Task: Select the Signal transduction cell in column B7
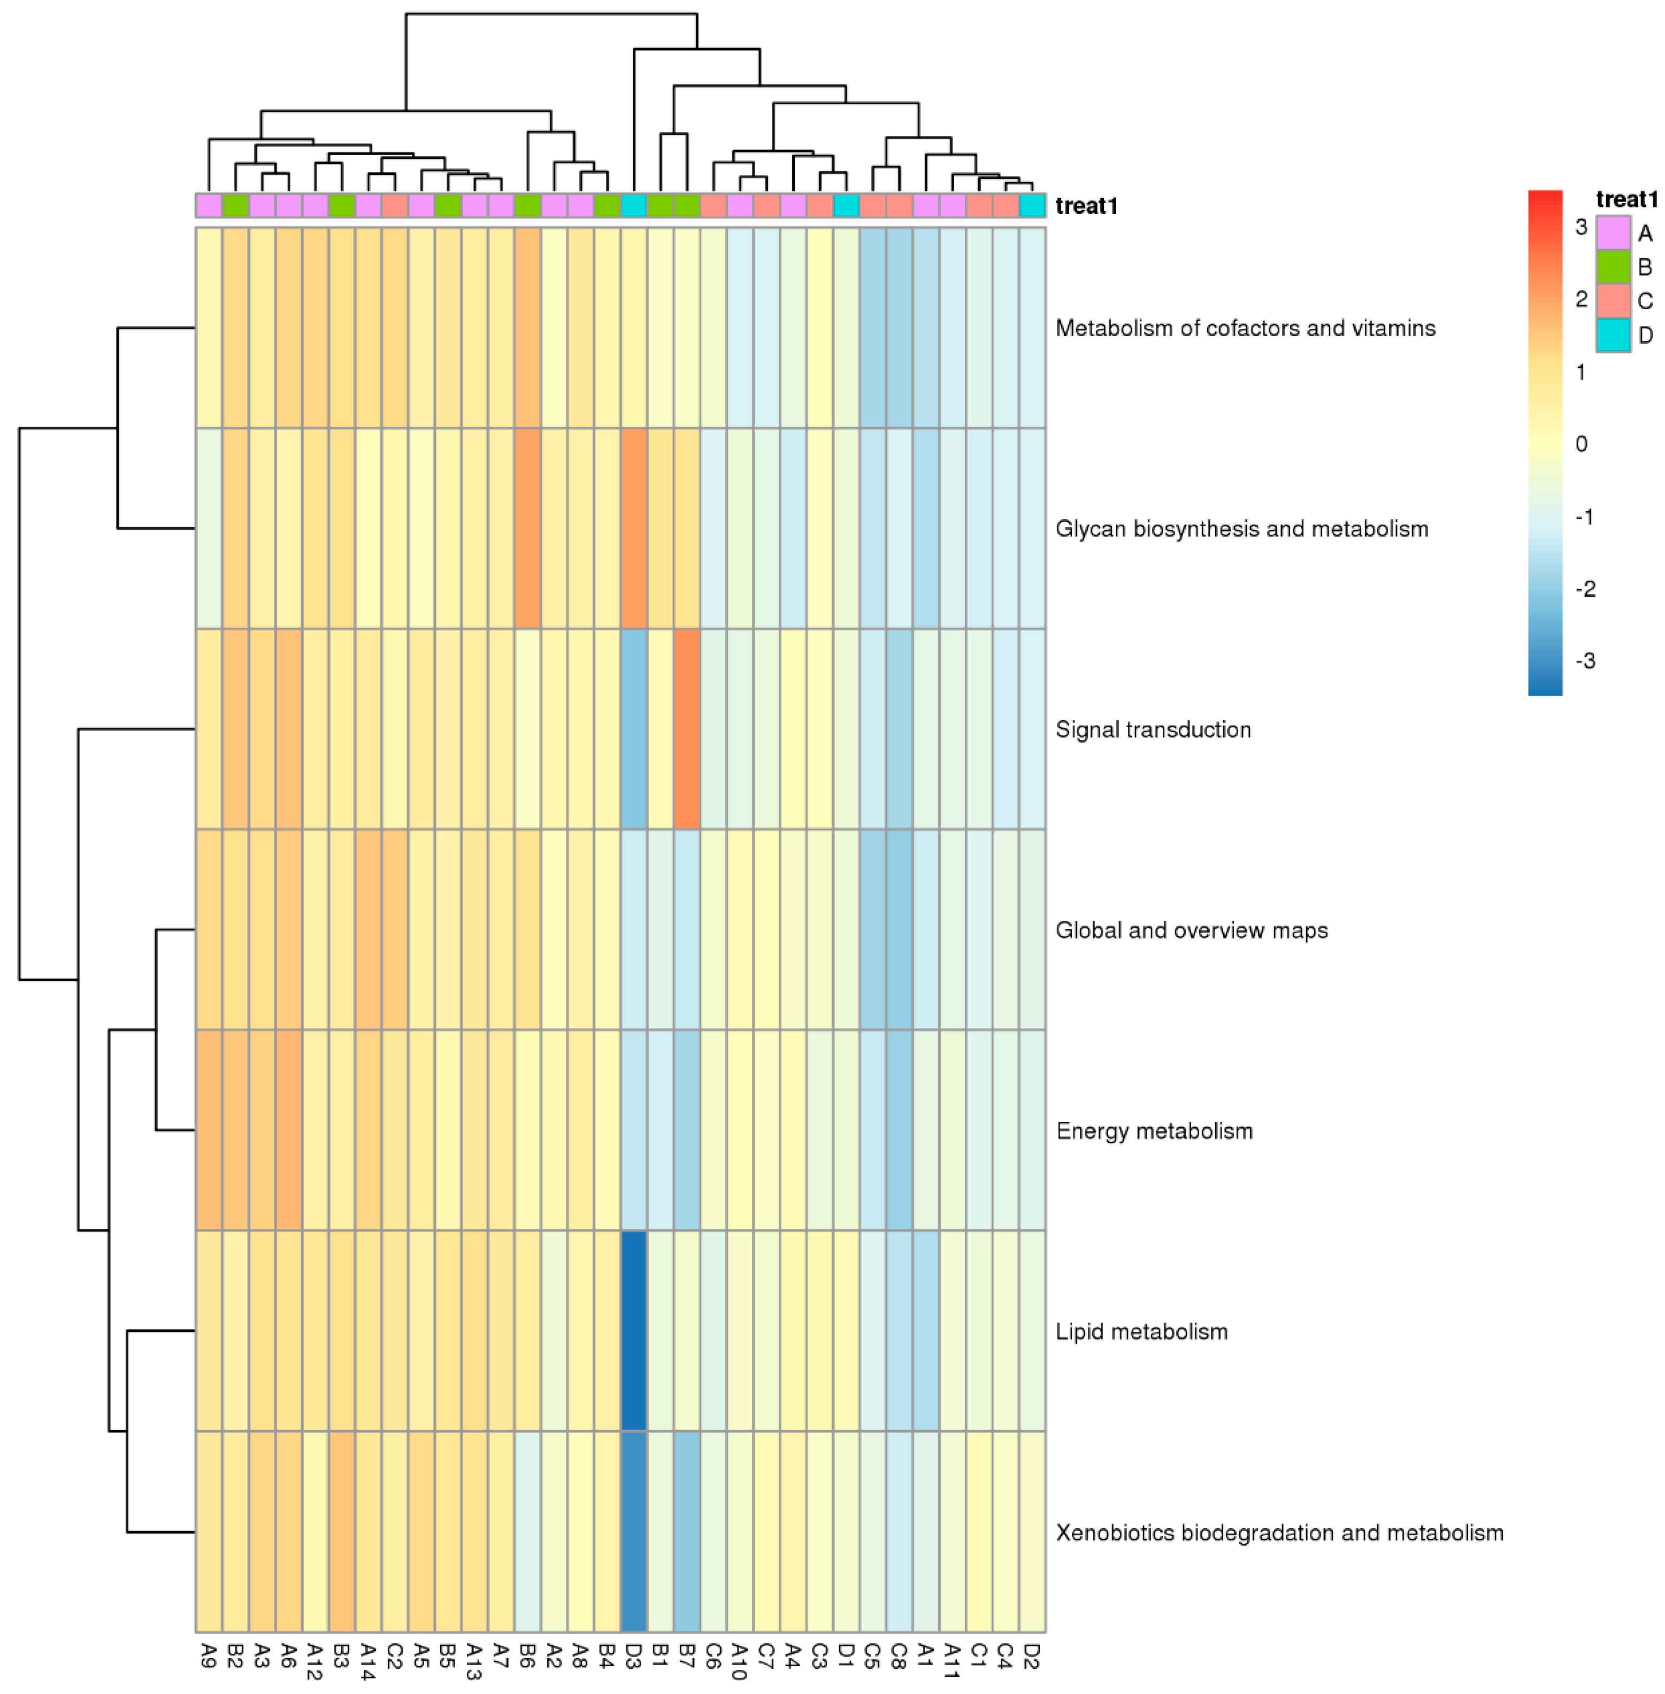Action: coord(687,728)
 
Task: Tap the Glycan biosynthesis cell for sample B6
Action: coord(527,528)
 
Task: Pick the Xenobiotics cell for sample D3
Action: coord(634,1531)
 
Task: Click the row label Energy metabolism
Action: coord(1154,1131)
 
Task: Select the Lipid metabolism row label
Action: coord(1141,1331)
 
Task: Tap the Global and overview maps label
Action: coord(1191,930)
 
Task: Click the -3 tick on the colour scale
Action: coord(1585,661)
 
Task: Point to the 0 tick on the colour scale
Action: coord(1581,444)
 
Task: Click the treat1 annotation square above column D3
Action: coord(634,205)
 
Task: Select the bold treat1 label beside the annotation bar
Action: coord(1086,206)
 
